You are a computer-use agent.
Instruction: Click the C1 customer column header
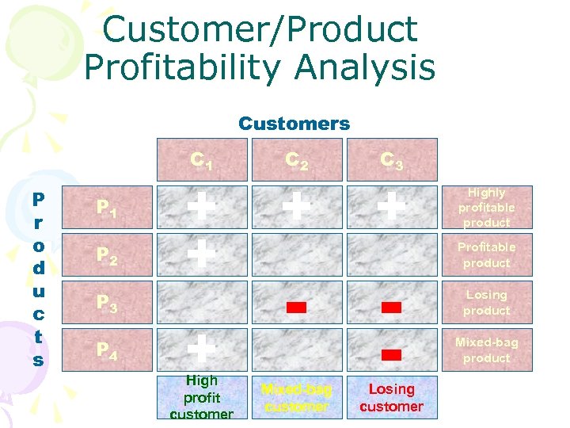(202, 161)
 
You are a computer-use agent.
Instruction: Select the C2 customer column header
(297, 161)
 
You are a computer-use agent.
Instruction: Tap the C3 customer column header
(391, 161)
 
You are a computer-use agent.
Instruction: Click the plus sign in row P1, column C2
(297, 207)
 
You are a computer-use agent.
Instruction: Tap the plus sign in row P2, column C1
(202, 254)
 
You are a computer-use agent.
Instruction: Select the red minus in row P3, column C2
(297, 308)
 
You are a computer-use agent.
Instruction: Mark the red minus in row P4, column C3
(391, 354)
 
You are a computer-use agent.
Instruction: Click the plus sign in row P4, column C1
(202, 348)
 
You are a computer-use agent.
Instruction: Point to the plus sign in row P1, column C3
(391, 207)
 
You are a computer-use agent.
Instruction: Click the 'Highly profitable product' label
(486, 208)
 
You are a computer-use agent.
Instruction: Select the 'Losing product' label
(486, 302)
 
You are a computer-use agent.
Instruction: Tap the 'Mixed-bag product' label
(486, 350)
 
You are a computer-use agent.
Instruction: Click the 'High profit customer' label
(202, 397)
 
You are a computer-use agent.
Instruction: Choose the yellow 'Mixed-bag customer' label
(297, 397)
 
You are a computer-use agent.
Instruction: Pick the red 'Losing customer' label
(391, 397)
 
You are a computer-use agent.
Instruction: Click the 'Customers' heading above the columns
(294, 124)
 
